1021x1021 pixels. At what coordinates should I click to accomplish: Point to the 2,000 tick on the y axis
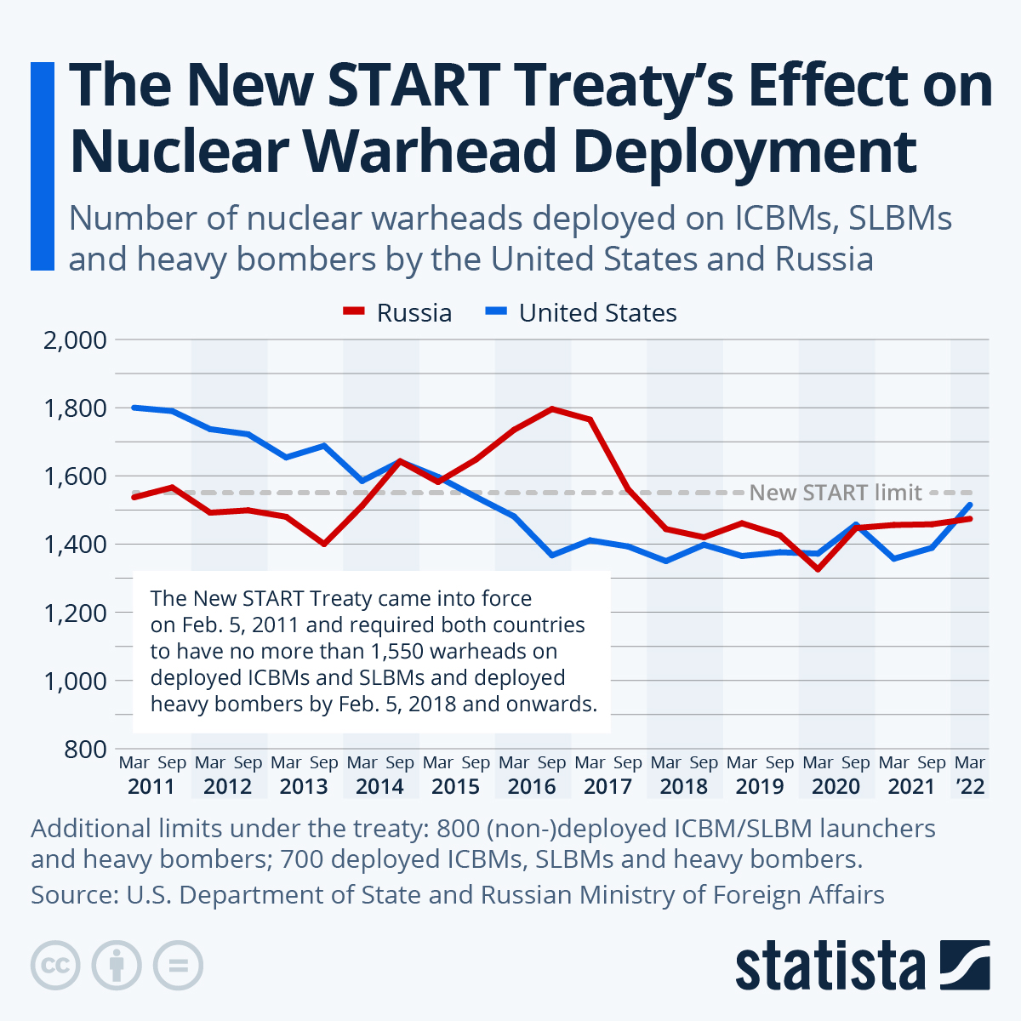[75, 340]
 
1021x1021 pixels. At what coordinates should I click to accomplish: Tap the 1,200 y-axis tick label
[75, 613]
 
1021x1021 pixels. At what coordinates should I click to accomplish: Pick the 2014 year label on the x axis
[379, 786]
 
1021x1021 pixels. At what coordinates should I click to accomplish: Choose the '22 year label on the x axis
[970, 786]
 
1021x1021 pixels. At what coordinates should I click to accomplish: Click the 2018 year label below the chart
[683, 786]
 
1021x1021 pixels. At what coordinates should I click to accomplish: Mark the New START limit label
[836, 493]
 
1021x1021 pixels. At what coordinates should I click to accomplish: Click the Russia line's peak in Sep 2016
[552, 408]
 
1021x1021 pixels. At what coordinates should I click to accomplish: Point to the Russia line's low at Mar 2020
[818, 568]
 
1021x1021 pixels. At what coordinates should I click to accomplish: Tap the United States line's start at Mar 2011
[134, 408]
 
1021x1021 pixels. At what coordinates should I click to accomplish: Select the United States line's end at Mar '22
[970, 505]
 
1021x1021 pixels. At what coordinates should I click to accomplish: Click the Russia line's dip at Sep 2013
[324, 544]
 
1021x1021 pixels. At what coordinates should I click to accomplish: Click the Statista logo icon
[965, 965]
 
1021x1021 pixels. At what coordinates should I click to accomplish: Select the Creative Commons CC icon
[55, 965]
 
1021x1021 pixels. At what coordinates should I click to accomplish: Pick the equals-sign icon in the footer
[179, 965]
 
